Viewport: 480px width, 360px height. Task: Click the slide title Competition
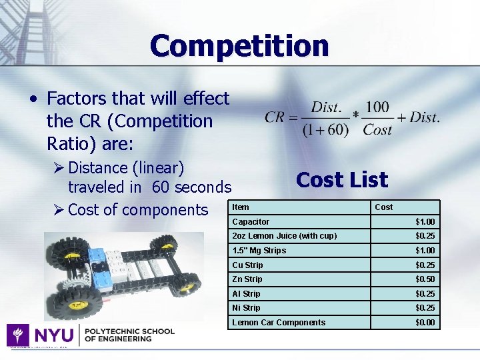tap(239, 46)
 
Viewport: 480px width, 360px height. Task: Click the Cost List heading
tap(341, 180)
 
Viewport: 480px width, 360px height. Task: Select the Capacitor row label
tap(251, 221)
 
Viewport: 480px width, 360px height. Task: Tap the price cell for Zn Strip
tap(425, 279)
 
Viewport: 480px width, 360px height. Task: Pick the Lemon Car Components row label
tap(279, 323)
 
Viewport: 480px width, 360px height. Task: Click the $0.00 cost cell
tap(425, 323)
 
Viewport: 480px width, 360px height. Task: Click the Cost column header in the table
tap(384, 207)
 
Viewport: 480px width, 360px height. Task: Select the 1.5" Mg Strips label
tap(259, 251)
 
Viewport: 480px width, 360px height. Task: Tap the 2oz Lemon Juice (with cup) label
tap(284, 236)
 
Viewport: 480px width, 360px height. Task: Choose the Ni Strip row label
tap(246, 308)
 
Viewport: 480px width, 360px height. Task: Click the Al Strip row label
tap(246, 294)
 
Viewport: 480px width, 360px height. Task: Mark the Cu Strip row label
tap(247, 265)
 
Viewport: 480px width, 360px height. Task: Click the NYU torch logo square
tap(17, 334)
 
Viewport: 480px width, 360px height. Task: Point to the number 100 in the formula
tap(377, 107)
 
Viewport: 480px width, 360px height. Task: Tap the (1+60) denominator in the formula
tap(325, 129)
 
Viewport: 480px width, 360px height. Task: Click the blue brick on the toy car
tap(97, 255)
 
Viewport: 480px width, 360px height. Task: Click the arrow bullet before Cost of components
tap(57, 210)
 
